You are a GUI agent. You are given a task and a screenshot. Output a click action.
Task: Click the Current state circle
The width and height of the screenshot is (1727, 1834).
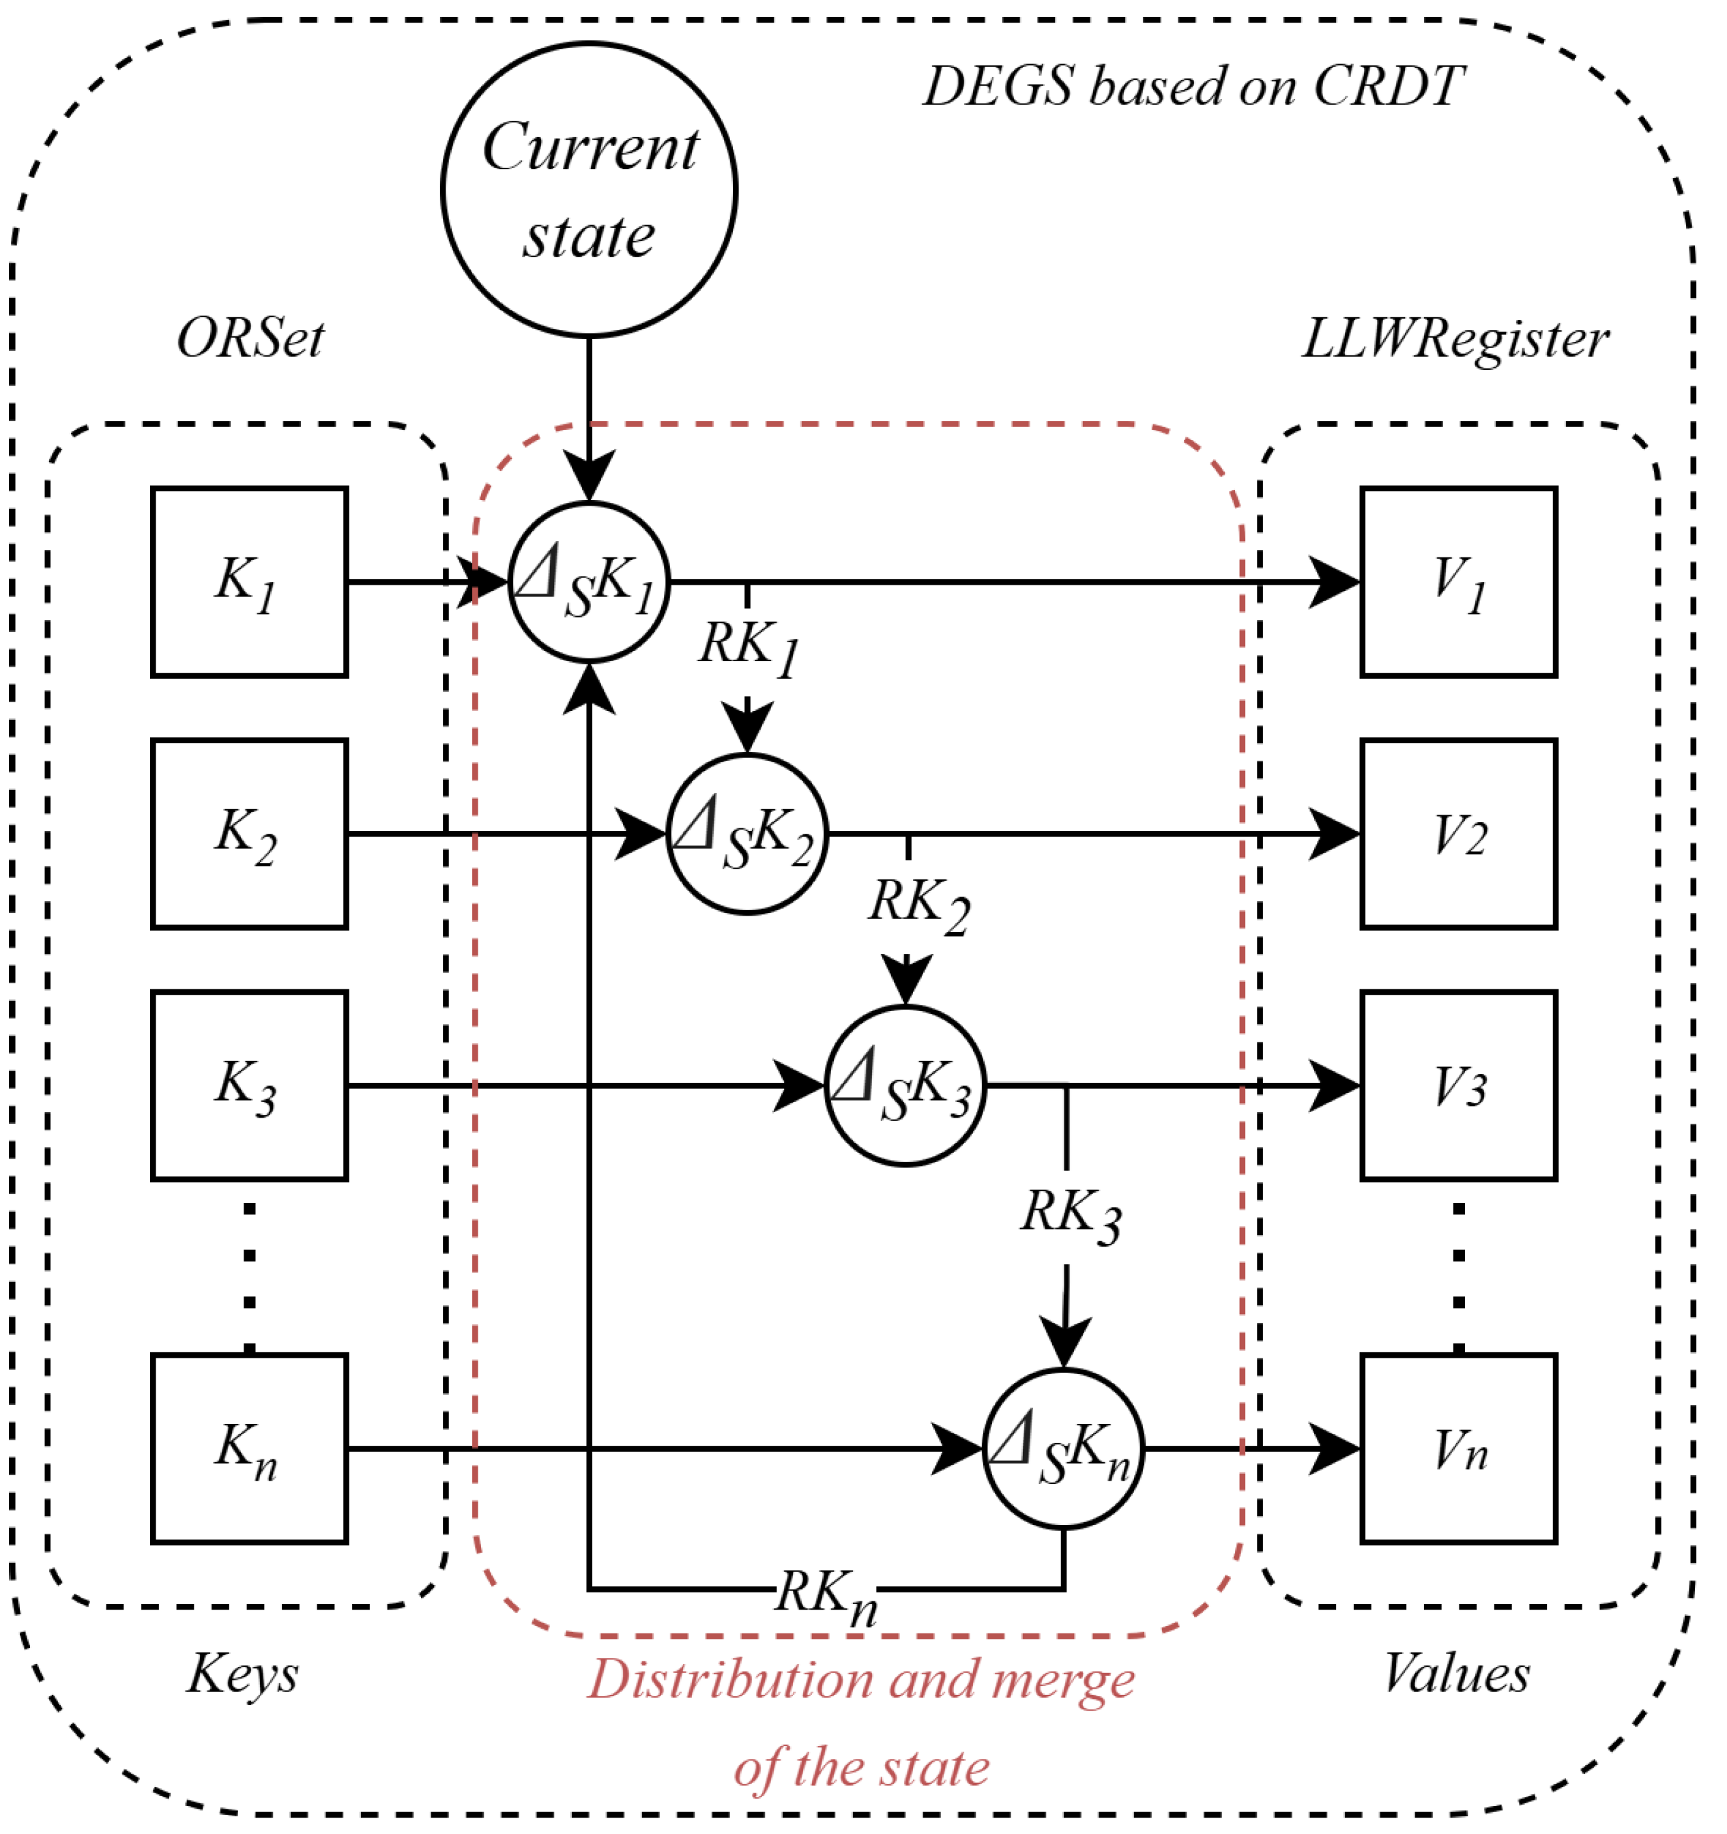(589, 189)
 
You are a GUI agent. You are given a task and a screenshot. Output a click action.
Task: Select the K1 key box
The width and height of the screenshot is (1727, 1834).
(249, 582)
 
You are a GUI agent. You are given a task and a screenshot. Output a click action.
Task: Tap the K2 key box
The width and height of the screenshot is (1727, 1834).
(249, 834)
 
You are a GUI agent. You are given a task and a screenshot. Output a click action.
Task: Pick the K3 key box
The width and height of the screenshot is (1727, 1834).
(249, 1086)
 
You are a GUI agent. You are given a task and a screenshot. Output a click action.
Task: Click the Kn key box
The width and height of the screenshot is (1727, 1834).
(249, 1449)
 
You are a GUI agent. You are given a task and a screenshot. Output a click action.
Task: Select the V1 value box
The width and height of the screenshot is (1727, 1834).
(1459, 582)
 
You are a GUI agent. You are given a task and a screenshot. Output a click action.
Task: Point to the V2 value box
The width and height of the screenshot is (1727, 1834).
(1459, 834)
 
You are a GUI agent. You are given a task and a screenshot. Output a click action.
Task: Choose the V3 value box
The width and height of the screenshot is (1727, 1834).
(1459, 1086)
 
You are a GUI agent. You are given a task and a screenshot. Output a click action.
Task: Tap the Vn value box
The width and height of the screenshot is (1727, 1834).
(1459, 1449)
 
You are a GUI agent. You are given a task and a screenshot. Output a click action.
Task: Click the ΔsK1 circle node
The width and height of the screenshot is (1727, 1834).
(589, 582)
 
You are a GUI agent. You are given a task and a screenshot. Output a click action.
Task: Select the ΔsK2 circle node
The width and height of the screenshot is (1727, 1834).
(746, 834)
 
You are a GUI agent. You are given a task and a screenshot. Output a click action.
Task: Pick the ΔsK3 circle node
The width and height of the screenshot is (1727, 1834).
(905, 1086)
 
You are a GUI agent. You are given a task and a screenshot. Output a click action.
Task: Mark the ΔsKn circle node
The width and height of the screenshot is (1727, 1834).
(1063, 1449)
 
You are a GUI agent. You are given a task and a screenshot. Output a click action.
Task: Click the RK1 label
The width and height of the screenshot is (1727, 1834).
(748, 647)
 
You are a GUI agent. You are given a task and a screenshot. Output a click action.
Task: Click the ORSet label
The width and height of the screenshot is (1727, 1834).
(250, 338)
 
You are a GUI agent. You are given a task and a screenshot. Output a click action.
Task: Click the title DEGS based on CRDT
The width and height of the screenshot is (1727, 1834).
(1192, 87)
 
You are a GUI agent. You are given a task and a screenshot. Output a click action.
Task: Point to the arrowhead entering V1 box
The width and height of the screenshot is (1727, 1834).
(1336, 582)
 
